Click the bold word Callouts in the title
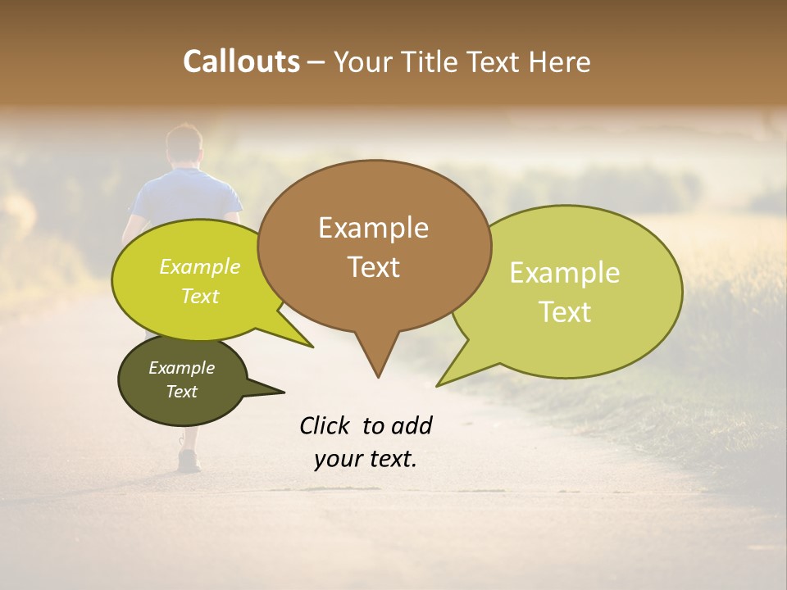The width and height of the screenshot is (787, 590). point(241,61)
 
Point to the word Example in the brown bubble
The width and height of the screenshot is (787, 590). point(374,228)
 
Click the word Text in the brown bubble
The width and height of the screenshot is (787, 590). point(374,267)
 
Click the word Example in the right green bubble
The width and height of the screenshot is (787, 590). point(565,273)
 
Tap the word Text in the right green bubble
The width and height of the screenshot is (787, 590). point(565,312)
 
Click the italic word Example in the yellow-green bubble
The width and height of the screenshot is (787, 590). point(200,267)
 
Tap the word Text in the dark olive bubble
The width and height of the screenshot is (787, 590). point(182,392)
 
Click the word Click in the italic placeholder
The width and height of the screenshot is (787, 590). point(325,425)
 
